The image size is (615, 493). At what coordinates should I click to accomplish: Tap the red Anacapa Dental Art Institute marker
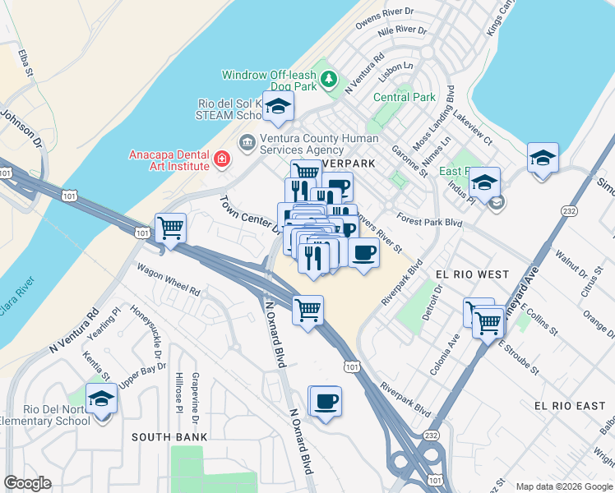(221, 158)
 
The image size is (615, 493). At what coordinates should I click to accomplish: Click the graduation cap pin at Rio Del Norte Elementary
(101, 399)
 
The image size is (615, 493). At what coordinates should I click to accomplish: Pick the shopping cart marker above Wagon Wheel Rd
(170, 228)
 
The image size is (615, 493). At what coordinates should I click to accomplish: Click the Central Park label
(404, 97)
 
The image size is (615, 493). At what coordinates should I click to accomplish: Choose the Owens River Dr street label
(386, 19)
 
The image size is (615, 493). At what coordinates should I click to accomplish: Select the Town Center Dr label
(249, 214)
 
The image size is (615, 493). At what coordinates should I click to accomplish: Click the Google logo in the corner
(27, 483)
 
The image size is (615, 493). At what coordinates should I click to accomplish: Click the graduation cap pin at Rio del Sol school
(278, 105)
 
